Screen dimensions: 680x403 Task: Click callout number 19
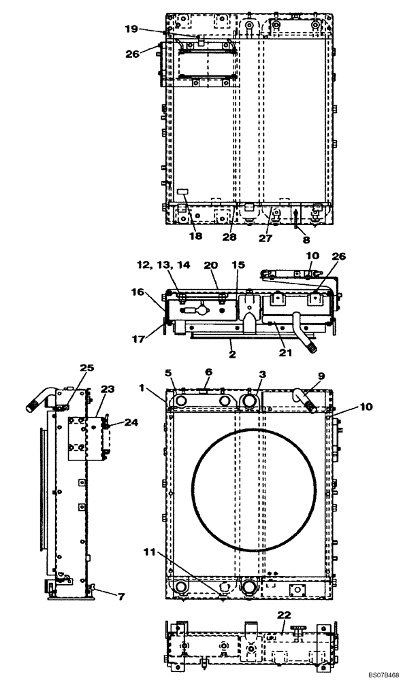(x=131, y=29)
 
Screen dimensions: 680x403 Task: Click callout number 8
(x=297, y=240)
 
